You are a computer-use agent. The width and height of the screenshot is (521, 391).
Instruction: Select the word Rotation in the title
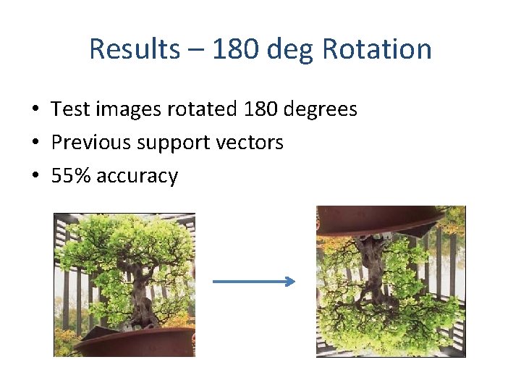point(376,49)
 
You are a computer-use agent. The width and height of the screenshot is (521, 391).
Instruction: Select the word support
point(169,143)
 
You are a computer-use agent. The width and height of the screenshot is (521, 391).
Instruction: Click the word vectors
point(250,143)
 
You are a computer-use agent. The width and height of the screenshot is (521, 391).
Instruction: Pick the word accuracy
point(137,177)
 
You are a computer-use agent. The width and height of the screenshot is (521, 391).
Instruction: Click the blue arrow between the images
point(253,282)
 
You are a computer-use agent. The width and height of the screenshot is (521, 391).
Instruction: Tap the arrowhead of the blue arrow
point(291,282)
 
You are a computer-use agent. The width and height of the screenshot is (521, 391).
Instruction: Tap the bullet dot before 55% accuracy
point(35,176)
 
